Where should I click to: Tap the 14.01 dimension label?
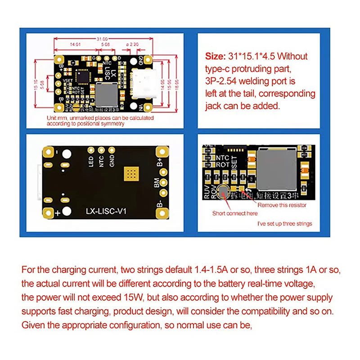coord(74,45)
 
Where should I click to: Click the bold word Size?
coord(214,57)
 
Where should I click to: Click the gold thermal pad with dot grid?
coord(133,173)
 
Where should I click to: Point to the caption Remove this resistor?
coord(282,205)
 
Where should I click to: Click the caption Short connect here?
coord(235,213)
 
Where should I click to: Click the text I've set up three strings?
coord(284,224)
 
